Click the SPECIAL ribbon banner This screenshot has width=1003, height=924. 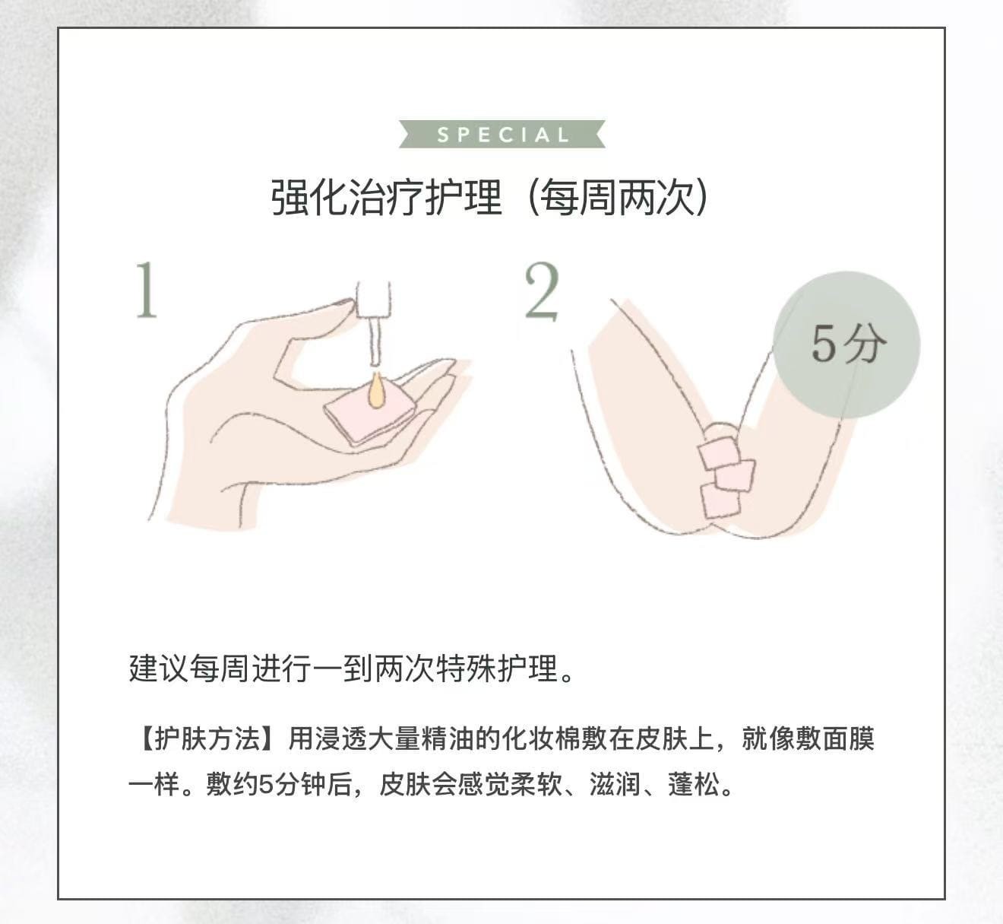coord(502,134)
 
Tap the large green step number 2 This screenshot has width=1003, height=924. coord(542,291)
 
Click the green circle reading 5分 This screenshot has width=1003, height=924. coord(846,345)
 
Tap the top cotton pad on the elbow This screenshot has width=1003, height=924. coord(719,453)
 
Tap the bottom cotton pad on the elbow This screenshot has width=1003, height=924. coord(720,500)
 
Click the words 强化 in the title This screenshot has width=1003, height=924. coord(309,198)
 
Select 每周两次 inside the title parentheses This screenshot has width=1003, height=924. coord(618,198)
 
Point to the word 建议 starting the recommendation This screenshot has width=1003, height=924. coord(158,668)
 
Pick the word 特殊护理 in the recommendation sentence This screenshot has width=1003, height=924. coord(496,668)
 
